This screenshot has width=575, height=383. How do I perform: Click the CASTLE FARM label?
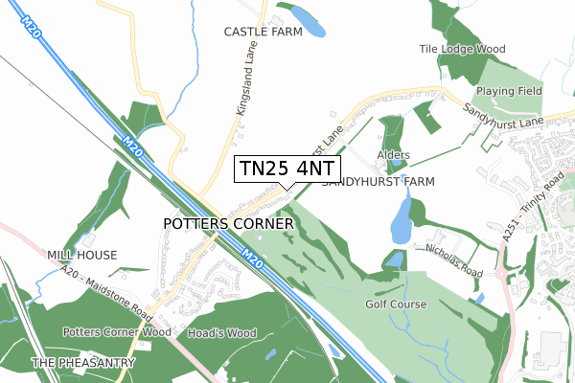[263, 32]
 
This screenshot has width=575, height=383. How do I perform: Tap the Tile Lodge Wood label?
[462, 49]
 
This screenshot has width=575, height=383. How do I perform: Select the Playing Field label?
[510, 91]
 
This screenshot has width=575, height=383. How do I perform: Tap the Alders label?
[393, 155]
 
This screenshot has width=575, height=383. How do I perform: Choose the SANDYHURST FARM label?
[379, 181]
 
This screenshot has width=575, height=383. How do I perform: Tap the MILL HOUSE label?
[82, 255]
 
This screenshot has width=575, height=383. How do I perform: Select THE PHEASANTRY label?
[73, 363]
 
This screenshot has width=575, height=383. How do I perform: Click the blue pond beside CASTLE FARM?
[306, 19]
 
